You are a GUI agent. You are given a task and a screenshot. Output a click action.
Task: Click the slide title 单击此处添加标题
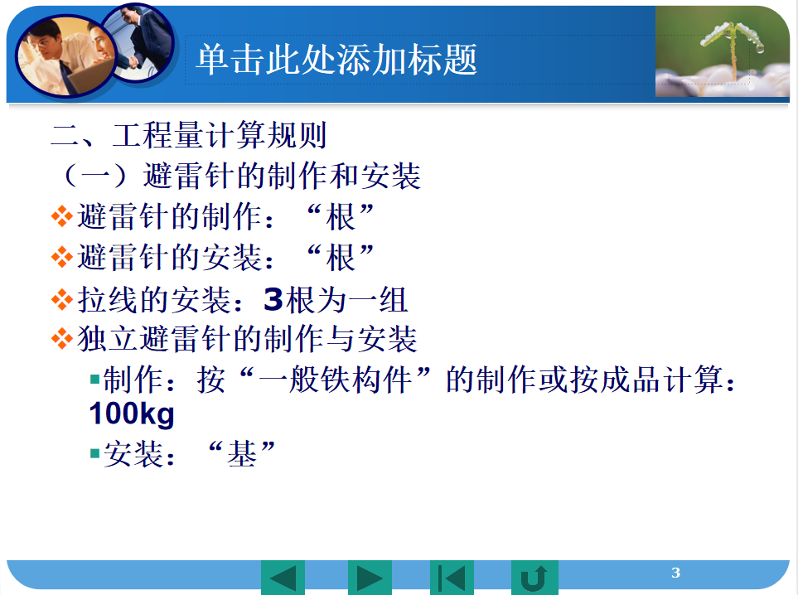(x=336, y=60)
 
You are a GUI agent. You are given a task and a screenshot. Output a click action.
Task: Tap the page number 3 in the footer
(x=675, y=573)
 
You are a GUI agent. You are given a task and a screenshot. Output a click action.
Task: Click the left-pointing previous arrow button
(x=283, y=578)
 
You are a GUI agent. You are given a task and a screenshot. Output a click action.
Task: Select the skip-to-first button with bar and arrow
(x=452, y=578)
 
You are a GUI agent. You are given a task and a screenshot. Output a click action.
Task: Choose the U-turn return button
(x=534, y=578)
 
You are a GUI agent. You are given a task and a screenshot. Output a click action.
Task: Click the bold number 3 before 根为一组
(x=273, y=299)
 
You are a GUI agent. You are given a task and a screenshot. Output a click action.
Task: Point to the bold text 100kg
(x=132, y=414)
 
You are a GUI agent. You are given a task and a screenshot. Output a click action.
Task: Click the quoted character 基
(x=242, y=453)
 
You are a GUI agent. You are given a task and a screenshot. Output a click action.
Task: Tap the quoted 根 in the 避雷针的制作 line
(x=341, y=217)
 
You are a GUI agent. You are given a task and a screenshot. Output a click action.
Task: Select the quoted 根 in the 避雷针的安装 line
(x=341, y=258)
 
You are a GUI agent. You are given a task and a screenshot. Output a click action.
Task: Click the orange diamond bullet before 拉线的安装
(x=61, y=299)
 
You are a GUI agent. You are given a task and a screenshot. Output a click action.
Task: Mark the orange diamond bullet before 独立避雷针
(x=61, y=339)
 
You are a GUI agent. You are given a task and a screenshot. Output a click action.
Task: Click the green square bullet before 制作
(x=94, y=380)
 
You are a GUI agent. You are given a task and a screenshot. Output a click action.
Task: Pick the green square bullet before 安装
(x=94, y=453)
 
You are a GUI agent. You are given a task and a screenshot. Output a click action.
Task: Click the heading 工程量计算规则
(x=220, y=135)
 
